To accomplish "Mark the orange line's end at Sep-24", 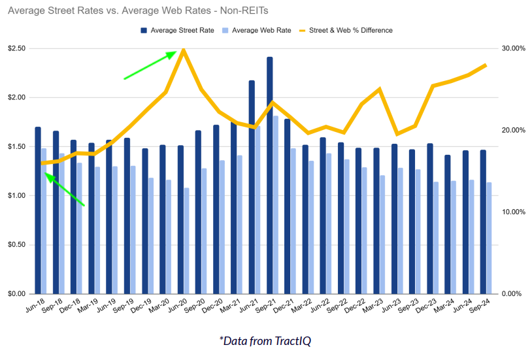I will click(x=485, y=65).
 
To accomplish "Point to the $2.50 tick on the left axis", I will click(x=17, y=49).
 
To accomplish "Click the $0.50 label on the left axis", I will click(x=17, y=245).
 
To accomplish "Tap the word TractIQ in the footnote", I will click(x=298, y=340).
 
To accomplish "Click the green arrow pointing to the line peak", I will click(x=150, y=65).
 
